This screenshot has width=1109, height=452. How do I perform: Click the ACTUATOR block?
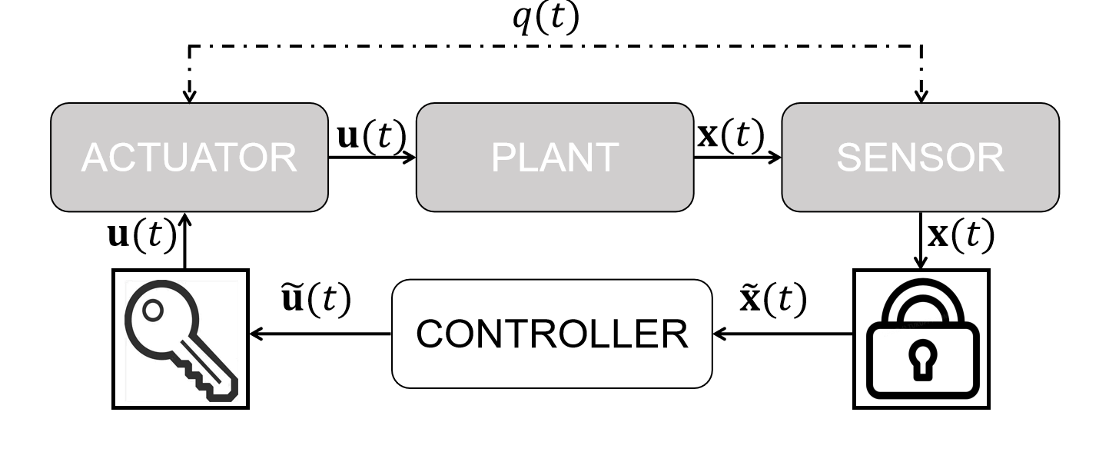pos(189,157)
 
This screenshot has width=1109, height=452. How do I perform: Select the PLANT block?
pos(554,157)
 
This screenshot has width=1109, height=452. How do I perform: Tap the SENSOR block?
pos(920,157)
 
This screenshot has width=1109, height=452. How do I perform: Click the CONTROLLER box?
pos(552,334)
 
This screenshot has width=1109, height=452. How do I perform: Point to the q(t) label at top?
pos(546,21)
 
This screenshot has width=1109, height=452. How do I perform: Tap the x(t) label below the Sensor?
pos(961,237)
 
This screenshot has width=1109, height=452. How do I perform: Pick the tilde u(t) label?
pos(316,300)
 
